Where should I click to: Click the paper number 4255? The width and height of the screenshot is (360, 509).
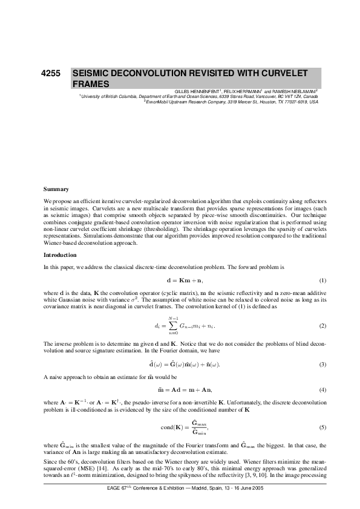tap(50, 73)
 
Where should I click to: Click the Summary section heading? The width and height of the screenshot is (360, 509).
tap(56, 189)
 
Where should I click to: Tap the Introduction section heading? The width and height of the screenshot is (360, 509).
tap(61, 255)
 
